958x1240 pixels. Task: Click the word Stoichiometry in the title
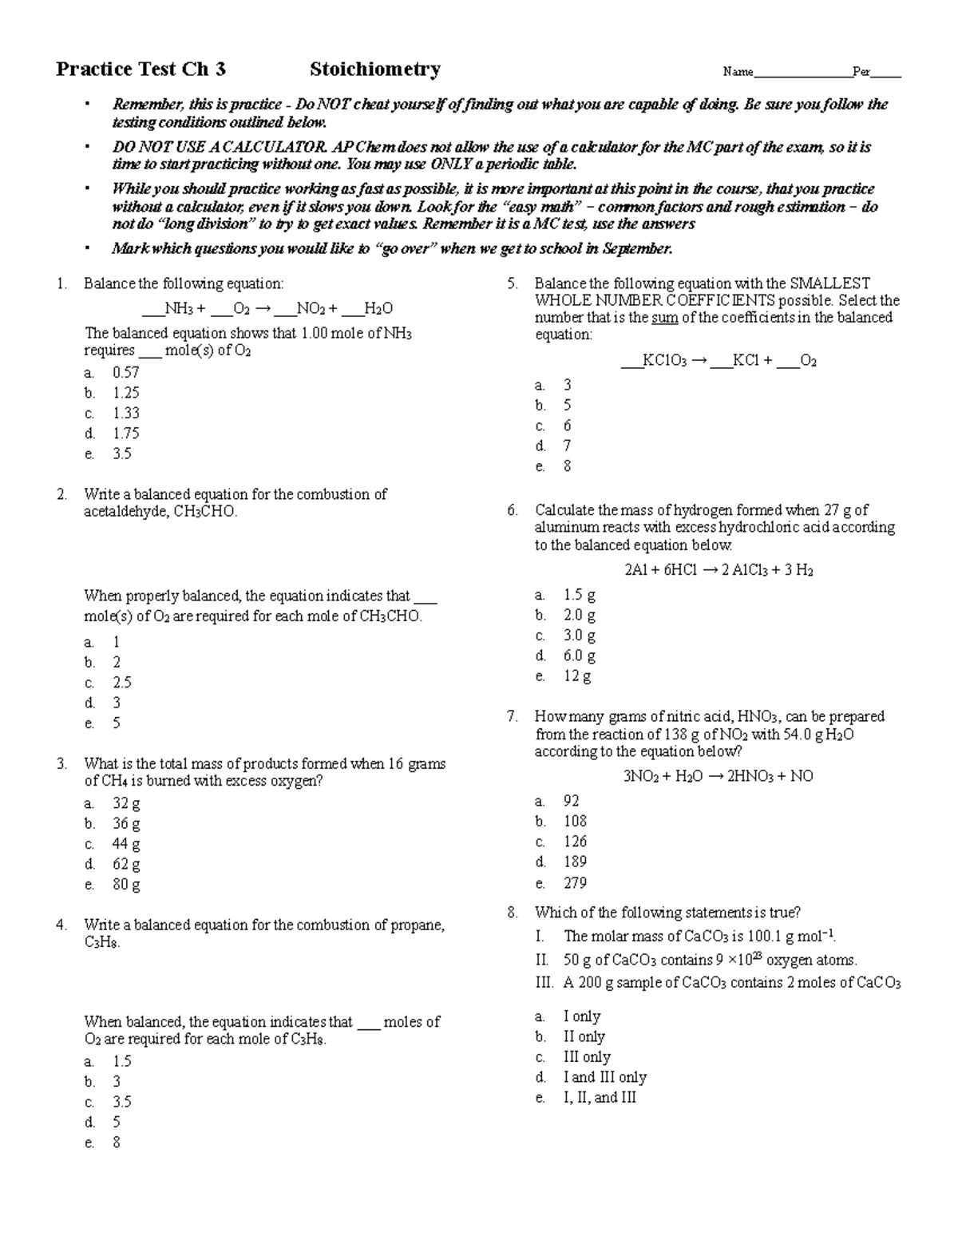click(x=374, y=69)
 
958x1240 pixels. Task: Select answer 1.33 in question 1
click(x=125, y=413)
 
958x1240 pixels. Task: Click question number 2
click(x=61, y=494)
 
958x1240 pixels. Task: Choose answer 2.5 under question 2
click(x=121, y=683)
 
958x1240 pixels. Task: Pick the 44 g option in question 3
click(x=125, y=844)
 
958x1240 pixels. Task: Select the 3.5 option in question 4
click(x=121, y=1102)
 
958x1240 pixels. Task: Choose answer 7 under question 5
click(x=567, y=446)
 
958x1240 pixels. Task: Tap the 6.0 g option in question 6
click(x=579, y=656)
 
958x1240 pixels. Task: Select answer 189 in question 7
click(x=575, y=862)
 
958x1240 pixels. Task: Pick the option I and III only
click(x=604, y=1077)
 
